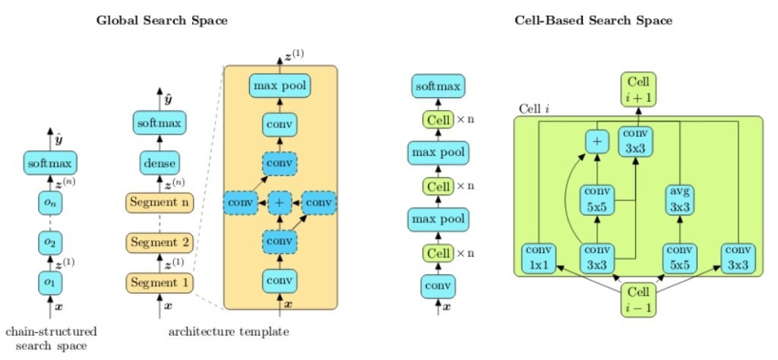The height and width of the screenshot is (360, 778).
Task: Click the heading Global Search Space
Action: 161,21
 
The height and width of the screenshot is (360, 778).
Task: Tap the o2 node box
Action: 51,242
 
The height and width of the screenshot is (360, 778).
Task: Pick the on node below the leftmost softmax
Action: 51,202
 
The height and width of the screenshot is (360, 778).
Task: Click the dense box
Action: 160,162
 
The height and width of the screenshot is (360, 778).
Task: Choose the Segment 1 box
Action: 160,283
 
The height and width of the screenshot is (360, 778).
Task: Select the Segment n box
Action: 160,203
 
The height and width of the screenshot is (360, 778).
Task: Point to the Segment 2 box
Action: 160,242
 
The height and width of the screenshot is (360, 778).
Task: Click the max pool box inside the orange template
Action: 280,86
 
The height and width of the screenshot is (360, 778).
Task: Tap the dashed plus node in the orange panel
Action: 280,203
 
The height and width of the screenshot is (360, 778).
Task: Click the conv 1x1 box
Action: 538,258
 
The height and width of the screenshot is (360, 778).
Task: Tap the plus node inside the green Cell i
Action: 597,141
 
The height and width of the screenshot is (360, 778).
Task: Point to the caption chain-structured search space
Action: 51,338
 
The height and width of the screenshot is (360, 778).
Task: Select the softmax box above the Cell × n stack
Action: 438,86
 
